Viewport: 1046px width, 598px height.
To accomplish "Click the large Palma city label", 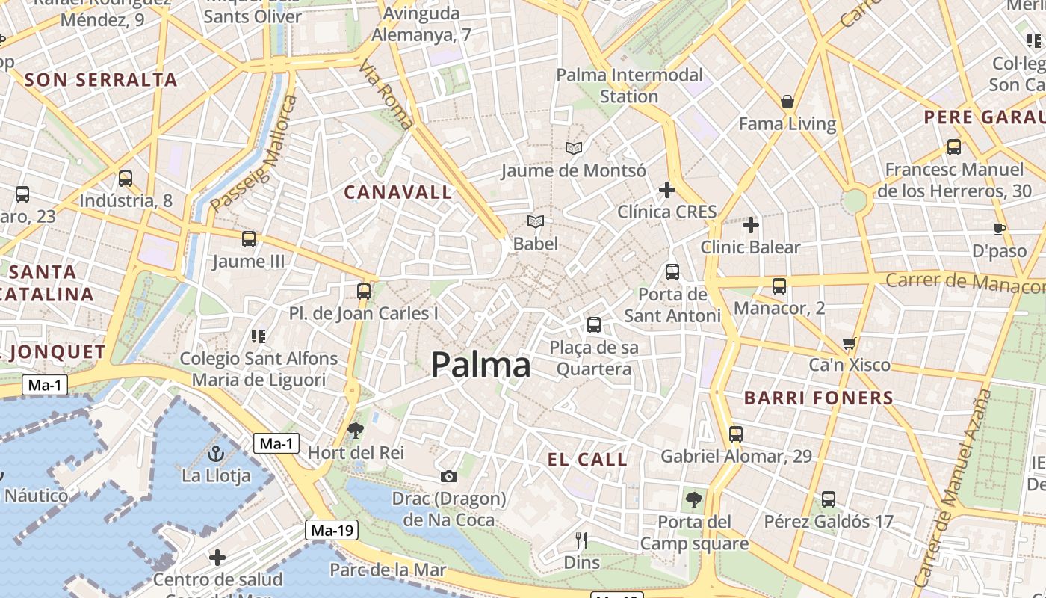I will [481, 365].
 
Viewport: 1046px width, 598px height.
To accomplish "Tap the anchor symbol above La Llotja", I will [216, 453].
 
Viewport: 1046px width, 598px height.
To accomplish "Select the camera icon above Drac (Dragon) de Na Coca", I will [448, 476].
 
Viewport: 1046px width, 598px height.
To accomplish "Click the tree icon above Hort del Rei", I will [356, 429].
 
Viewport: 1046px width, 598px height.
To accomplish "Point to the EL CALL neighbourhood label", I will [587, 460].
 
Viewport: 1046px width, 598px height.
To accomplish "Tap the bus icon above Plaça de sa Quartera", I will [594, 324].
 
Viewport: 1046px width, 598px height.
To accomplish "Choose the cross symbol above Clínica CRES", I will [667, 190].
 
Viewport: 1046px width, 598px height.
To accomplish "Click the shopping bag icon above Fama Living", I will [787, 102].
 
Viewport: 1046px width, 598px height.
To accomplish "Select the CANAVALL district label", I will [398, 192].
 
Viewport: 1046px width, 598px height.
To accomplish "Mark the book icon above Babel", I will [536, 221].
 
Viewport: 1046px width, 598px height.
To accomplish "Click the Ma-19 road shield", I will [332, 531].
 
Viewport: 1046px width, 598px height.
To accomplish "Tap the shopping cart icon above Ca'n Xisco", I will [849, 344].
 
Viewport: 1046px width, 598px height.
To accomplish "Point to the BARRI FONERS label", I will [819, 398].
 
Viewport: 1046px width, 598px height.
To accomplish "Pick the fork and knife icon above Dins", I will [581, 540].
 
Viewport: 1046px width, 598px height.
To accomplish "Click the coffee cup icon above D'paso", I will [1000, 229].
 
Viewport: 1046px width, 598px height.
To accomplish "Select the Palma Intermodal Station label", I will [629, 85].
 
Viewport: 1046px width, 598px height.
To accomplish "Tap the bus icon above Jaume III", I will [249, 239].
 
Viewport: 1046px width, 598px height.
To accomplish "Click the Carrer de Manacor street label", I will [964, 283].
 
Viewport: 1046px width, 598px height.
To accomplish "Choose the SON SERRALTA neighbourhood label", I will [101, 80].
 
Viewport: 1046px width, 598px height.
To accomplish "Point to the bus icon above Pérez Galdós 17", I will [829, 499].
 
